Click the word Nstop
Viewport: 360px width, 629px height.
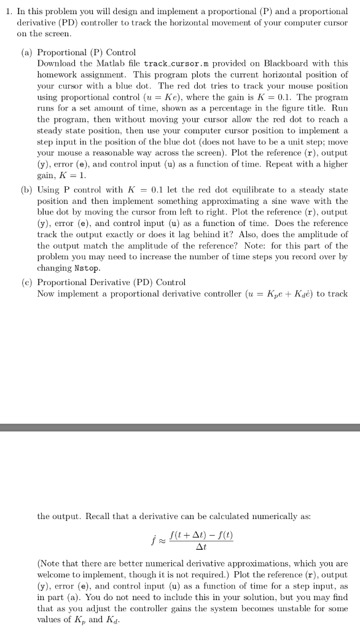pos(87,269)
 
